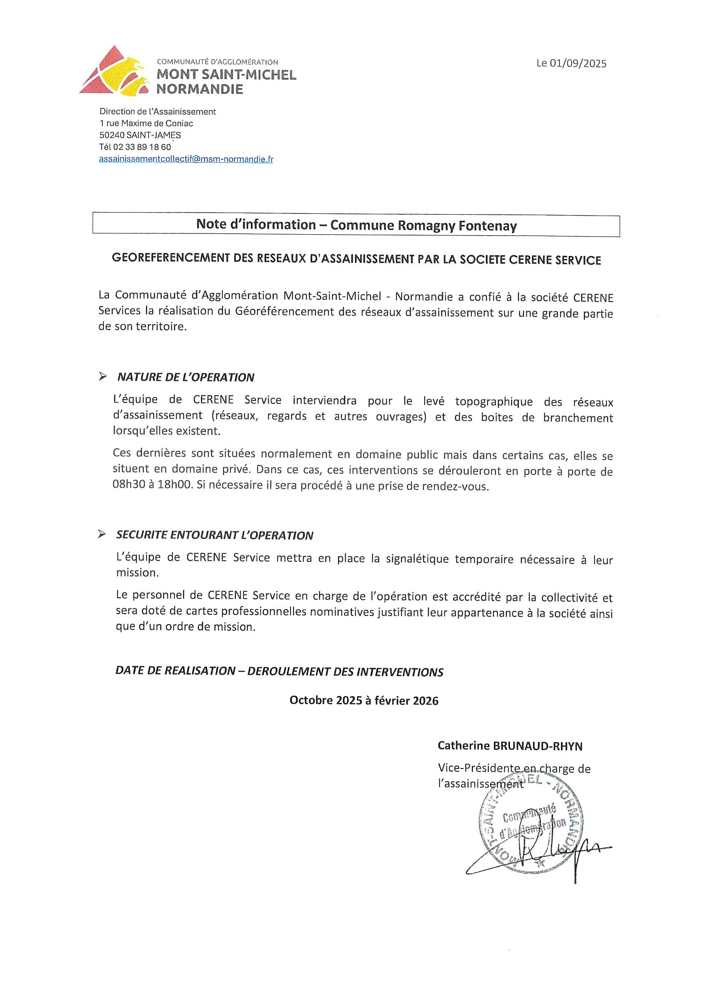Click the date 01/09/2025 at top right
coord(578,63)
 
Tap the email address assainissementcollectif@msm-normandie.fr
coord(186,159)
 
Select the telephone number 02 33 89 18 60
coord(142,147)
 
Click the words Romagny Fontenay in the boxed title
coord(457,226)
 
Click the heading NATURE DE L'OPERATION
coord(186,377)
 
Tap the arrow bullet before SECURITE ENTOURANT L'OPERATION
coord(102,534)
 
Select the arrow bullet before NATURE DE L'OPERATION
coord(103,376)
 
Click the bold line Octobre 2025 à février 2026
coord(363,701)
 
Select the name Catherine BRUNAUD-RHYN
coord(510,746)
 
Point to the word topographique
coord(494,401)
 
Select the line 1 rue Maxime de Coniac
coord(146,124)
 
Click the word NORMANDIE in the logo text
coord(200,89)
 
